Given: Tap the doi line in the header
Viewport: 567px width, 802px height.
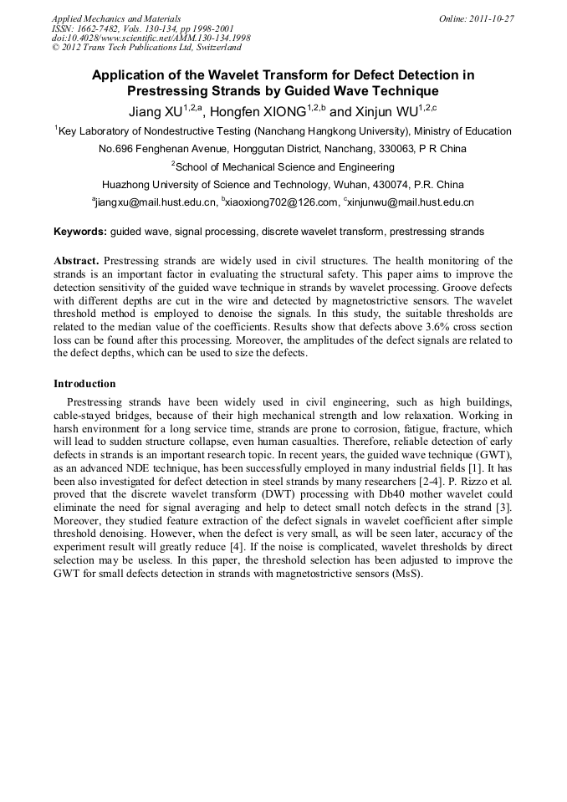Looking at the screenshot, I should [x=151, y=38].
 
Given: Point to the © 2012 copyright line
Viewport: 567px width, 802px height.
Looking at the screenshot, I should [x=146, y=48].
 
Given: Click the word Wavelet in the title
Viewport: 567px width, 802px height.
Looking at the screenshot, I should [x=237, y=75].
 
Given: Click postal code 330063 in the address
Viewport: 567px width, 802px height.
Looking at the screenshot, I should [x=410, y=149].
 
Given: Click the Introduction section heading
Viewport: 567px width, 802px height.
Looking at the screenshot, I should [x=84, y=384].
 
